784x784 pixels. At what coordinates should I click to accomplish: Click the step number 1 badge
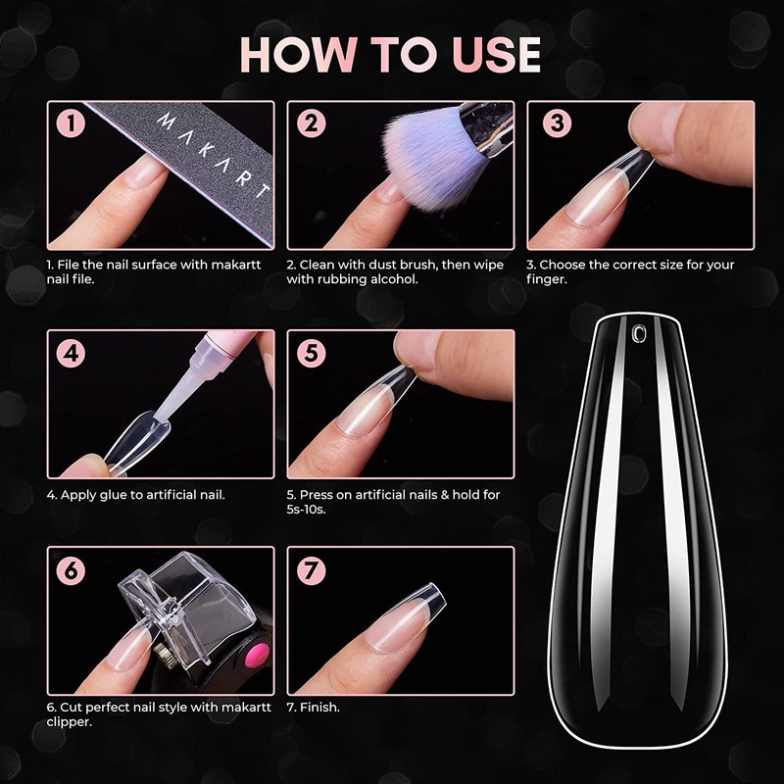pos(71,124)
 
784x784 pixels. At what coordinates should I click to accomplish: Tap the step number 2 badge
pos(311,124)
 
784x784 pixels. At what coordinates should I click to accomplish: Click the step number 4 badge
pos(71,353)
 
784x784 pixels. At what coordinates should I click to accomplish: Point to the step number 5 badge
pos(311,353)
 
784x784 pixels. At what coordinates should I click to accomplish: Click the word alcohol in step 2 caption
pos(396,279)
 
